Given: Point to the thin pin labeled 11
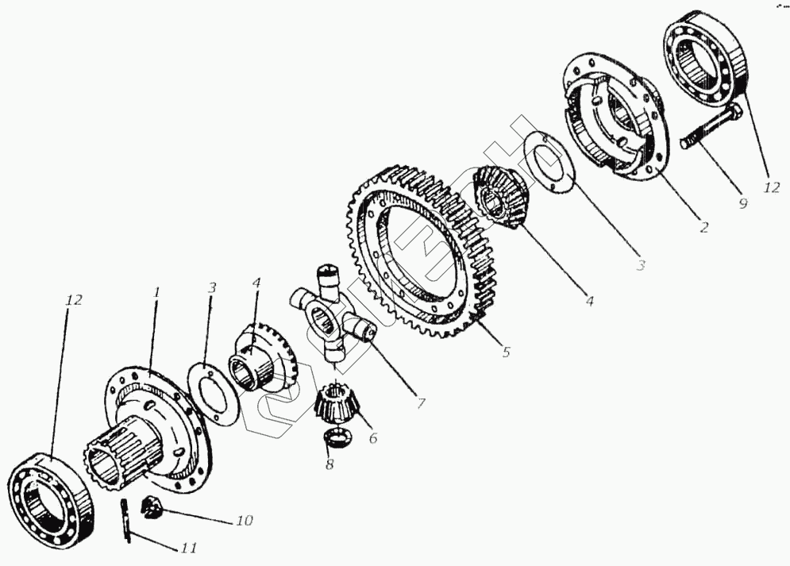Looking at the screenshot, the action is click(127, 522).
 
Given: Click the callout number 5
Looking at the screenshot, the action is click(506, 352).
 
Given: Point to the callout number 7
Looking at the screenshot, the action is click(420, 404).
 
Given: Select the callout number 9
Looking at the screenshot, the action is click(742, 204).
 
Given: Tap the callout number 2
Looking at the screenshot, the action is click(703, 227).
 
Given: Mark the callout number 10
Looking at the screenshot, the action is click(243, 521).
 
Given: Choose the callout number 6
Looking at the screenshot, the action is click(372, 438).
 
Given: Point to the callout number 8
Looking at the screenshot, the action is click(329, 464).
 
